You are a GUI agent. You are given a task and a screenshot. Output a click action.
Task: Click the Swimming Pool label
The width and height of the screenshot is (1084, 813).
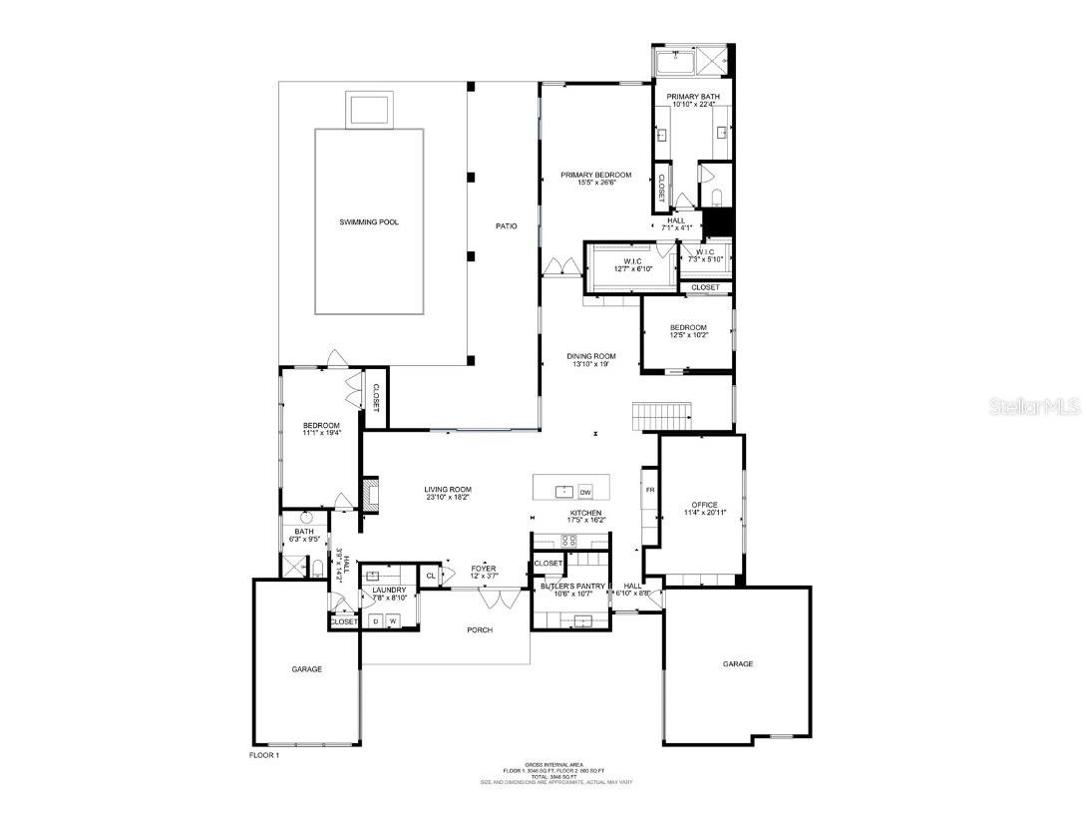click(368, 221)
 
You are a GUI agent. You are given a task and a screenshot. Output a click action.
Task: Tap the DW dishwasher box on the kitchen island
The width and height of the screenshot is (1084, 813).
click(585, 491)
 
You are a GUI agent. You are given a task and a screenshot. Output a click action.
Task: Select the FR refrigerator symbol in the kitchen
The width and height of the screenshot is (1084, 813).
click(649, 490)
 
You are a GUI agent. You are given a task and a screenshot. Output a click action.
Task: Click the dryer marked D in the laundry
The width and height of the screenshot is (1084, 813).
click(376, 620)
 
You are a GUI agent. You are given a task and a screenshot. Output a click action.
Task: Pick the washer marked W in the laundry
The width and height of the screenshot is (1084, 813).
click(393, 620)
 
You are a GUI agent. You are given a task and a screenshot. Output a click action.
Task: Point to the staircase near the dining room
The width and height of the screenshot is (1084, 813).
click(662, 415)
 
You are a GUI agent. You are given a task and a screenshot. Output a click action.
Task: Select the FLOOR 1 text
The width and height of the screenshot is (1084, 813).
click(265, 755)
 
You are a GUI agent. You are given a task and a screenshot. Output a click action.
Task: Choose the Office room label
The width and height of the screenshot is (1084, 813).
click(704, 505)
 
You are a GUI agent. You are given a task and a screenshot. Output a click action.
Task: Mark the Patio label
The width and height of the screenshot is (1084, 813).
click(507, 226)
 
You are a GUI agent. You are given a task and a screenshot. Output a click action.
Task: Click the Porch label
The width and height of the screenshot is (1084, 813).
click(480, 629)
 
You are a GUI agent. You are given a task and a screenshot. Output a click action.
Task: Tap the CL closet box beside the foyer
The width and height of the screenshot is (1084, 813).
click(431, 576)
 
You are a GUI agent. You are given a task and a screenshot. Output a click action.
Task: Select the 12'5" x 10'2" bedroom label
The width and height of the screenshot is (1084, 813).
click(688, 331)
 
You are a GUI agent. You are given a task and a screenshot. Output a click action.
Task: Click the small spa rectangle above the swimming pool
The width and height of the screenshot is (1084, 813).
click(369, 108)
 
